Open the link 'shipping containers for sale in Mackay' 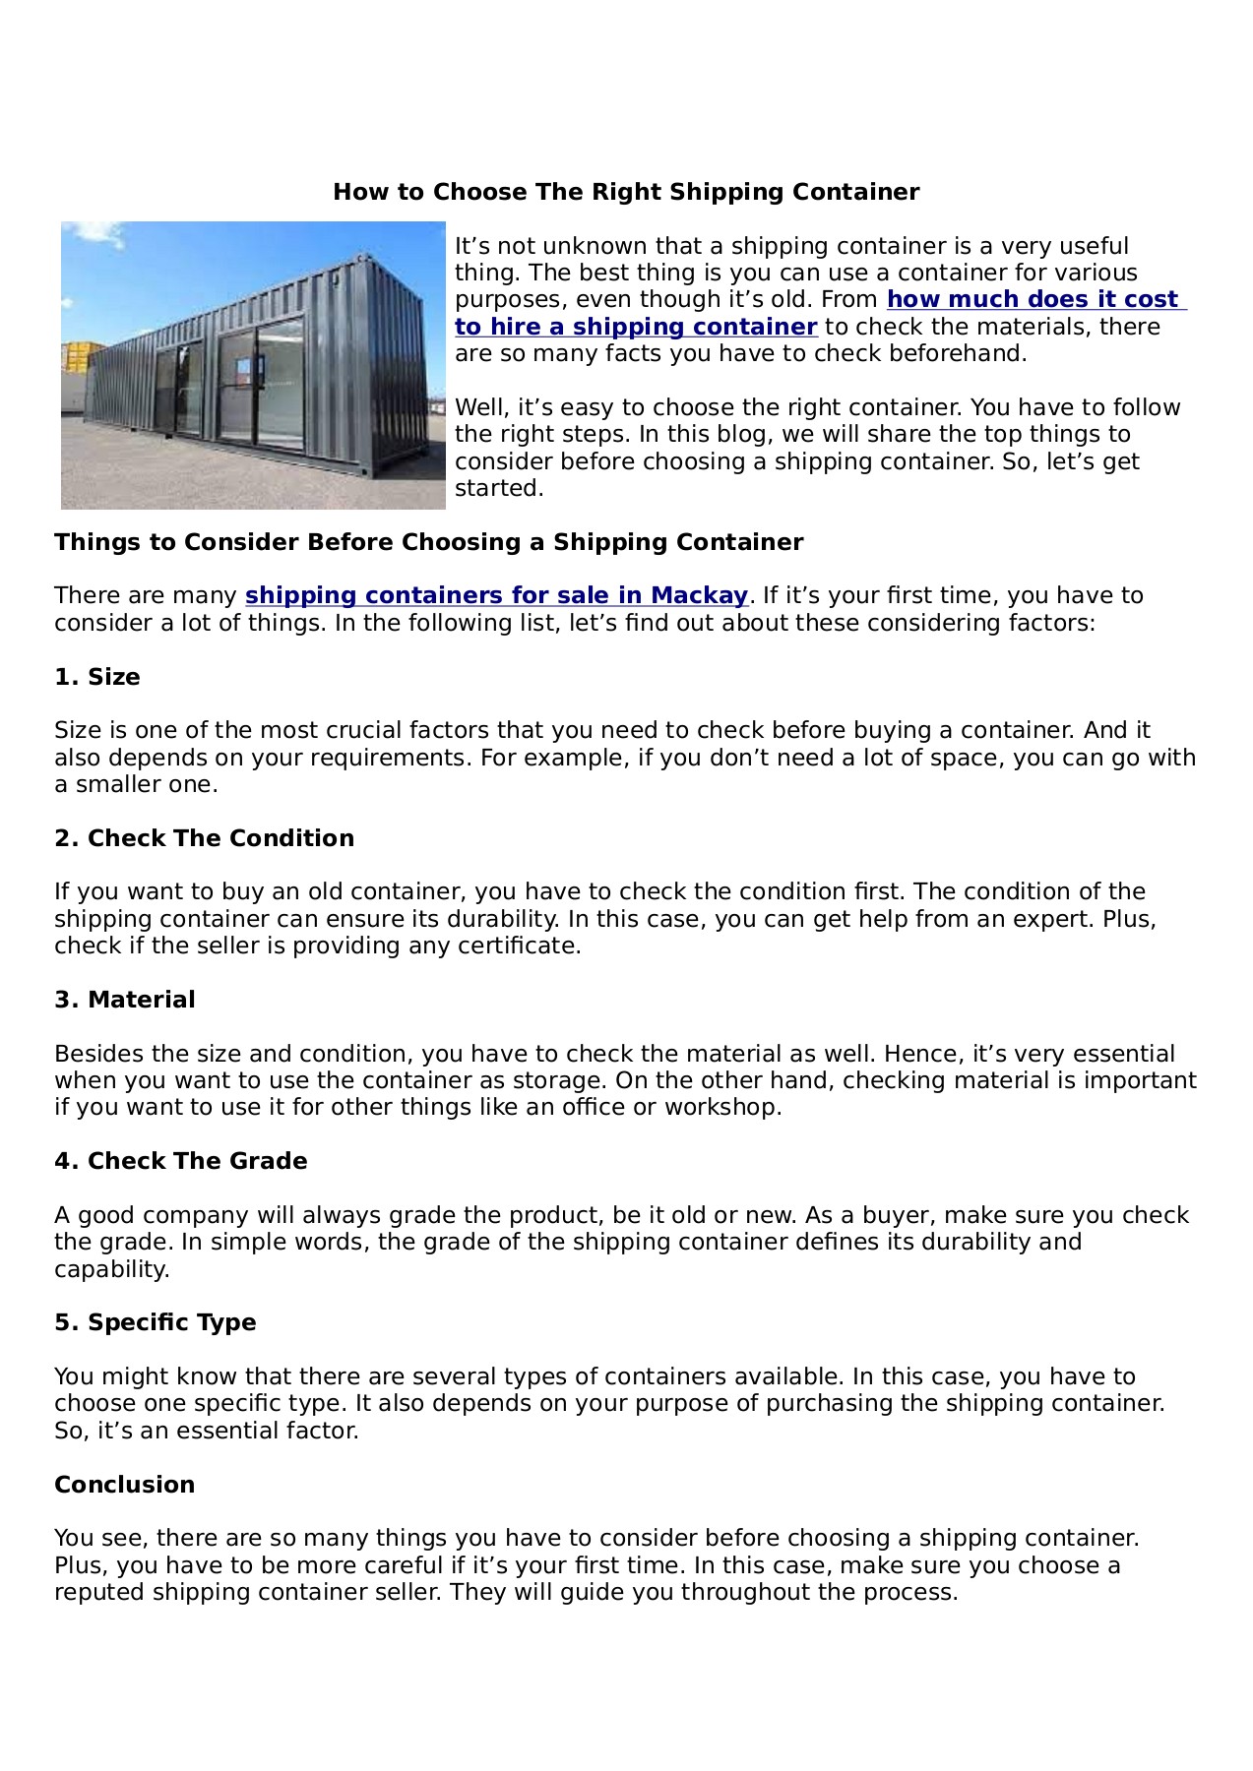(496, 596)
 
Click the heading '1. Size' (97, 677)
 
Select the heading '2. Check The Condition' (204, 838)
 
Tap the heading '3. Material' (125, 1000)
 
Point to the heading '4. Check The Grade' (181, 1161)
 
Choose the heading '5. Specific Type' (156, 1322)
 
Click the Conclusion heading (125, 1485)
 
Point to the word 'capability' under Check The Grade (111, 1269)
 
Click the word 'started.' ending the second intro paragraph (499, 489)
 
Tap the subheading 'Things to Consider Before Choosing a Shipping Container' (429, 542)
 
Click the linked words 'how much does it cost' (1033, 300)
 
